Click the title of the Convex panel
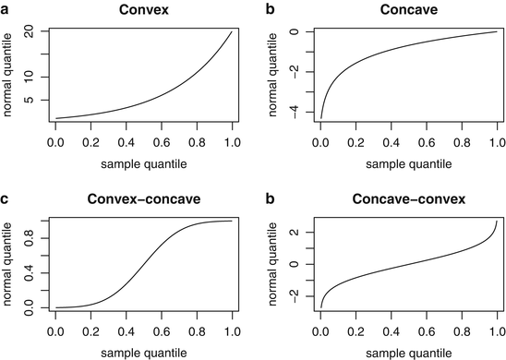(x=143, y=10)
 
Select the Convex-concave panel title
(x=143, y=198)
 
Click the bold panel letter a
(x=6, y=10)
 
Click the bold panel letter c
(x=6, y=198)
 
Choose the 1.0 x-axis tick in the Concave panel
(x=497, y=143)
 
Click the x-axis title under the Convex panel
(x=143, y=165)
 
